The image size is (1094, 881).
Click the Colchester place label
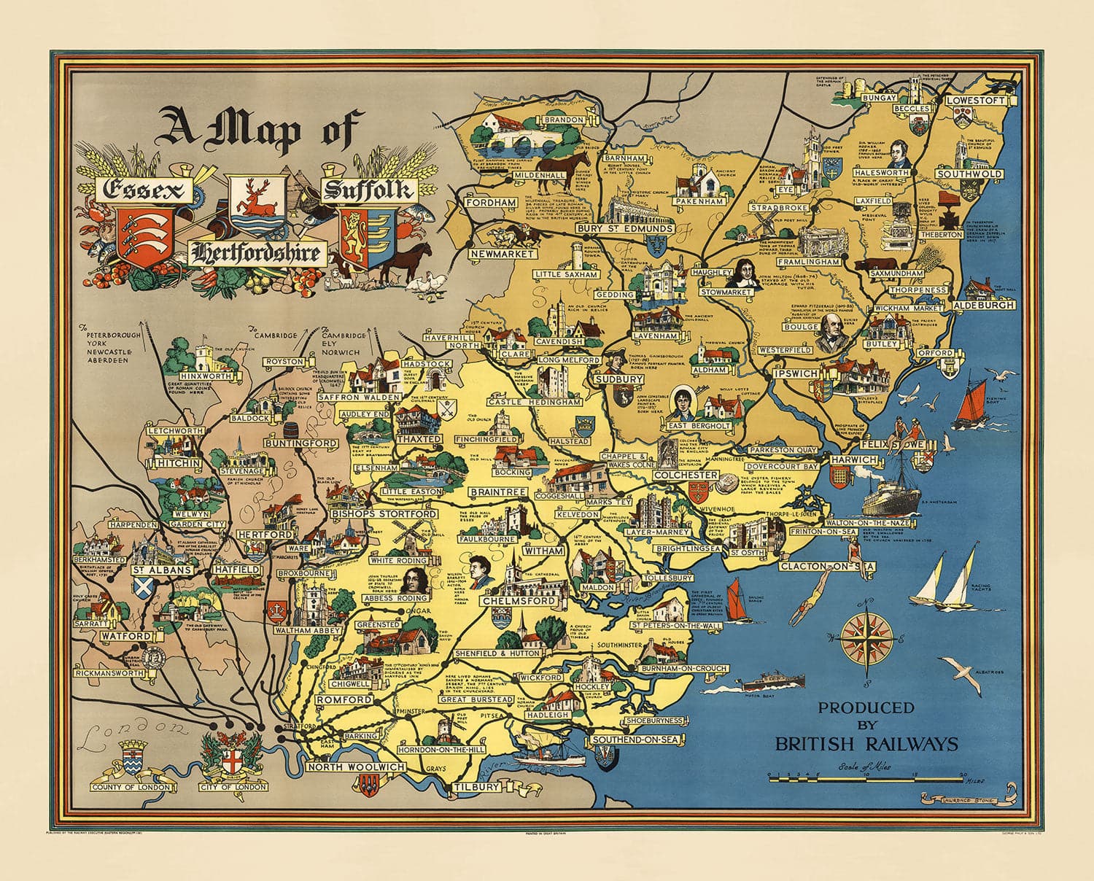tap(686, 475)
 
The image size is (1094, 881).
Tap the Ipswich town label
tap(796, 373)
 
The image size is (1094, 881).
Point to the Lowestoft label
tap(975, 101)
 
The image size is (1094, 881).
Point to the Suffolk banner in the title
tap(368, 191)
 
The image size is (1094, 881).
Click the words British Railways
tap(866, 744)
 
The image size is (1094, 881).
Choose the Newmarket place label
tap(503, 254)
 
